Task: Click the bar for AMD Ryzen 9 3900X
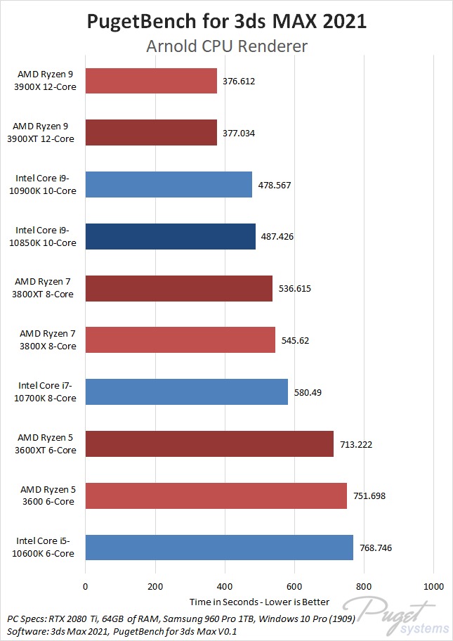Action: pyautogui.click(x=151, y=81)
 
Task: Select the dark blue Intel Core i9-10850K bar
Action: pyautogui.click(x=170, y=236)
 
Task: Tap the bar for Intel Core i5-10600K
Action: pyautogui.click(x=219, y=548)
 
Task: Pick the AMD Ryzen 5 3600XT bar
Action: pyautogui.click(x=209, y=443)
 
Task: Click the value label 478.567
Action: pyautogui.click(x=275, y=185)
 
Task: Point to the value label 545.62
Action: pyautogui.click(x=295, y=340)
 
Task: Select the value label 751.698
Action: pyautogui.click(x=369, y=496)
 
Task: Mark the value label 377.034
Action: pyautogui.click(x=239, y=133)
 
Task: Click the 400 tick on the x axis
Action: pyautogui.click(x=225, y=586)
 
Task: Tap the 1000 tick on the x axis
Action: pyautogui.click(x=433, y=586)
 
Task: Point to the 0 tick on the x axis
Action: pyautogui.click(x=86, y=586)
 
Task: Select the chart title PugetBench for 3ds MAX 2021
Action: pyautogui.click(x=226, y=22)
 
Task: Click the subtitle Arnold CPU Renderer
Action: pyautogui.click(x=226, y=46)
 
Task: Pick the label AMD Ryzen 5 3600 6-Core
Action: pyautogui.click(x=46, y=496)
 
